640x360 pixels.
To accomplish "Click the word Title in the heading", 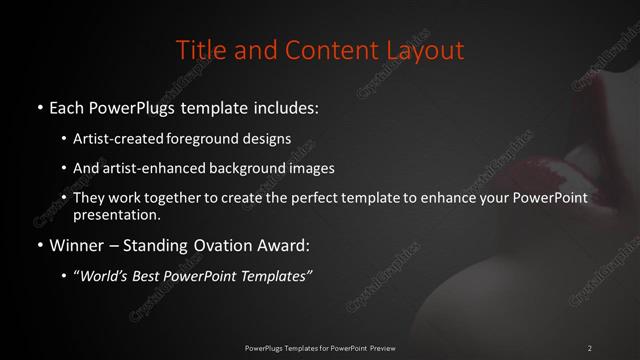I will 200,49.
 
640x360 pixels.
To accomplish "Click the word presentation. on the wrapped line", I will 116,215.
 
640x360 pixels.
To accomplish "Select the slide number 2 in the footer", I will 590,348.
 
